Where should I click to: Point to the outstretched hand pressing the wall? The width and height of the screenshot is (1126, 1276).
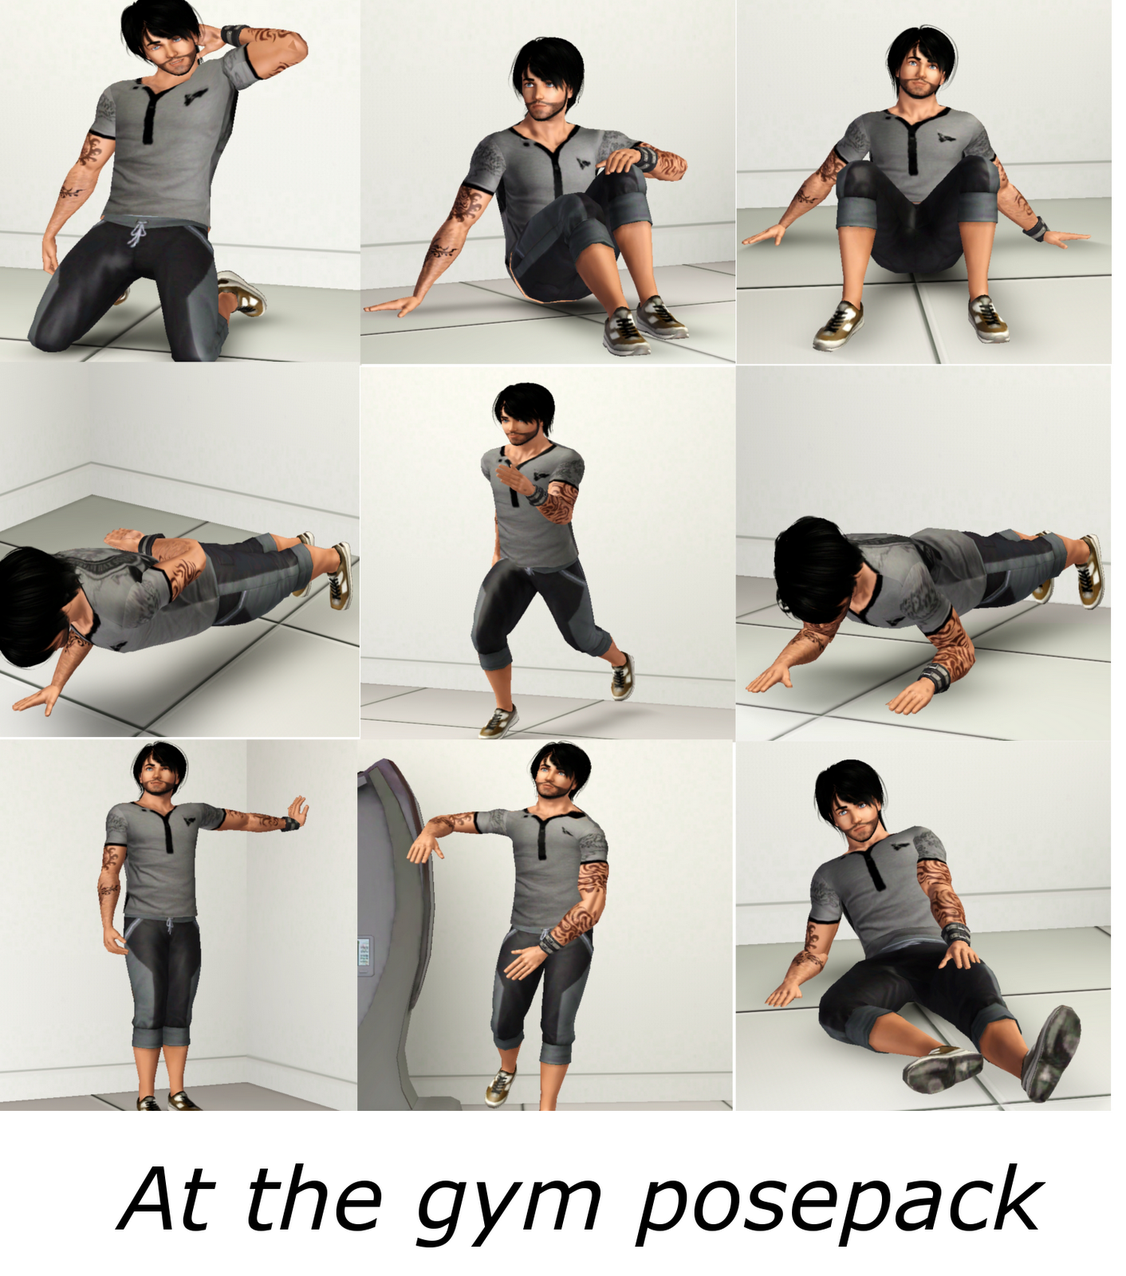[297, 811]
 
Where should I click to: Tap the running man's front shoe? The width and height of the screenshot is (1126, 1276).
[498, 722]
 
